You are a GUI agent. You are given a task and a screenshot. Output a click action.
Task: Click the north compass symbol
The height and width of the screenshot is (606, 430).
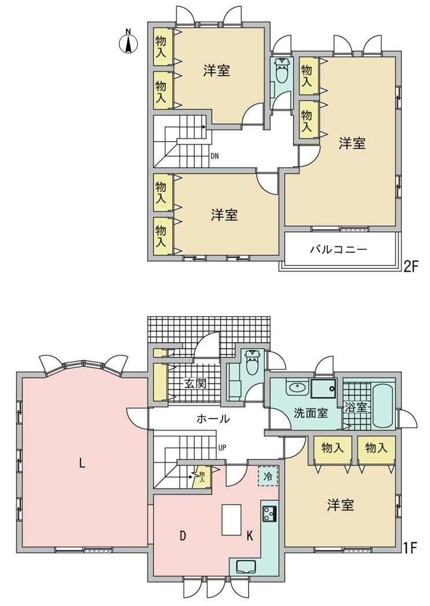(129, 42)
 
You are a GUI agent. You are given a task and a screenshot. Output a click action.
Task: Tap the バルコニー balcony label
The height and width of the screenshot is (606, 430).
(338, 249)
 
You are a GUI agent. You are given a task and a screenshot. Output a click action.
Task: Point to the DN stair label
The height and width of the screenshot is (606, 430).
(215, 157)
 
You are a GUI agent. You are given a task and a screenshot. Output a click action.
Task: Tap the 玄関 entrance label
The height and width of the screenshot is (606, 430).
(195, 384)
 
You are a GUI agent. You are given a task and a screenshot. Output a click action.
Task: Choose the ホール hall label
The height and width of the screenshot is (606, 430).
(213, 419)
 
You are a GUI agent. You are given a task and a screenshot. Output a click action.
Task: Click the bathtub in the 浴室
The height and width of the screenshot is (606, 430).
(383, 405)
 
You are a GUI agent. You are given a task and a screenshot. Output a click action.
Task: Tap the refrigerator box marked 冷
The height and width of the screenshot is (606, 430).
(268, 476)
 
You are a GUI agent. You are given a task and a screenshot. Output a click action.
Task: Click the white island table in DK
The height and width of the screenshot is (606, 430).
(231, 519)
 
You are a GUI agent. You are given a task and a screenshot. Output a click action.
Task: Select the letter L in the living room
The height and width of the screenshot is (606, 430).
(81, 463)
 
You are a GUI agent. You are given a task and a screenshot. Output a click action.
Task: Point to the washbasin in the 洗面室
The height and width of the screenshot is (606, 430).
(296, 387)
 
